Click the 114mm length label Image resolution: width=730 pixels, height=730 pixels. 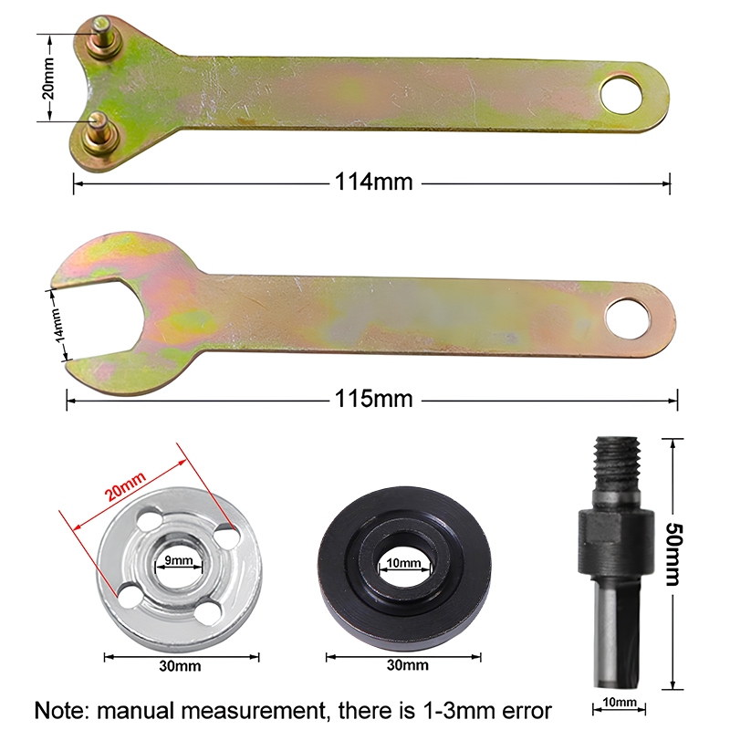[373, 182]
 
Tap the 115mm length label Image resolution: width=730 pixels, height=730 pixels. [373, 399]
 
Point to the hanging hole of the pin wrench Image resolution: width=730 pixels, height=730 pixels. [621, 93]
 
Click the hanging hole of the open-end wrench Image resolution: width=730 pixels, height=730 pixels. [628, 319]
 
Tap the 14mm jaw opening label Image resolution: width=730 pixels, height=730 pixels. [57, 325]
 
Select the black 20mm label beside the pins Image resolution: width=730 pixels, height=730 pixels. [48, 78]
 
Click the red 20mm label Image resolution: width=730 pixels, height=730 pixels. [126, 485]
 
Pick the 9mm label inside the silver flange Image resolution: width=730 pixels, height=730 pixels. [179, 560]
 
